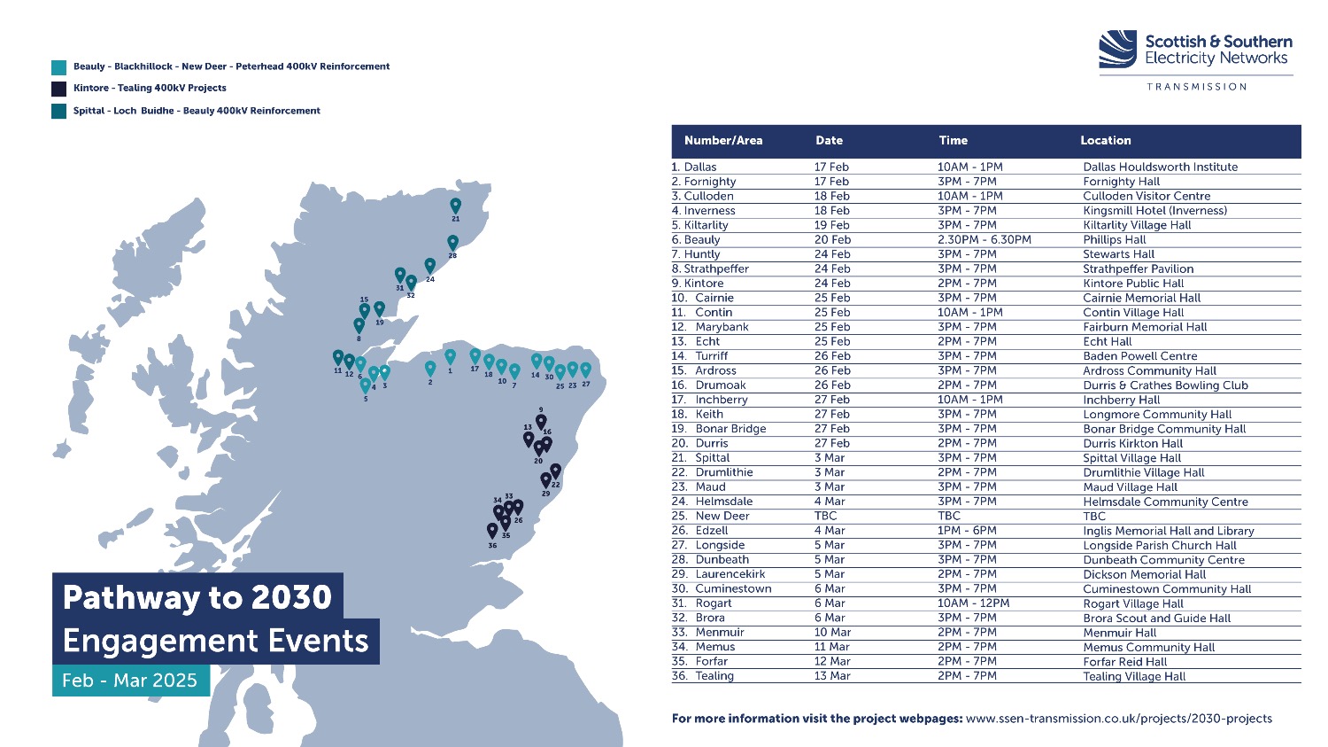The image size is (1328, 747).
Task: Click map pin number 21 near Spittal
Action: point(455,206)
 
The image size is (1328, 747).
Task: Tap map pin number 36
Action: point(492,530)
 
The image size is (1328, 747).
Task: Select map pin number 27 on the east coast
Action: point(586,370)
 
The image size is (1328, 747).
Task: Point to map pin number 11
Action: point(338,357)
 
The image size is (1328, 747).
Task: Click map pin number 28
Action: point(453,242)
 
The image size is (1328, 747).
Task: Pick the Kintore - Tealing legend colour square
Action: point(58,89)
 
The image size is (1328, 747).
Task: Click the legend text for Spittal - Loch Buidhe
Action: point(197,111)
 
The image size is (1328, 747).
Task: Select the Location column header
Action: point(1105,141)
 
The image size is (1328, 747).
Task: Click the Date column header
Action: point(829,141)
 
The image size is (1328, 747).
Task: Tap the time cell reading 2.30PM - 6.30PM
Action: point(984,240)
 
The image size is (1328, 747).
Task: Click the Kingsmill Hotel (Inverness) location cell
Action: point(1154,211)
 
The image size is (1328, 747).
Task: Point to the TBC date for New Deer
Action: point(825,517)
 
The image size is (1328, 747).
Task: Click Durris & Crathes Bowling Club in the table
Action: point(1166,385)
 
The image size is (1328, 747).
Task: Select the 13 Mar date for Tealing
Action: point(832,676)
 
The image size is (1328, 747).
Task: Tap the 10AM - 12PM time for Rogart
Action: point(973,603)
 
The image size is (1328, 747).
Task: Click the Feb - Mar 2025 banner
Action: point(131,680)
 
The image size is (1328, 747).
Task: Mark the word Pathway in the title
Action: point(131,597)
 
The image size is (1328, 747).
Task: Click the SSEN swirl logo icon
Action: point(1117,49)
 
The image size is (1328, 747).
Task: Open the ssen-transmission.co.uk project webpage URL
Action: point(1119,719)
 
